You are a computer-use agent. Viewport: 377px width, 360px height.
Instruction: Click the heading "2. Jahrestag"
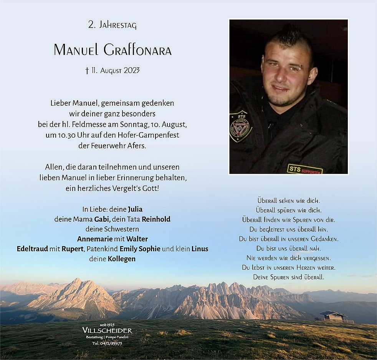112,26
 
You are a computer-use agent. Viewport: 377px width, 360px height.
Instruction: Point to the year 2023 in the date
131,70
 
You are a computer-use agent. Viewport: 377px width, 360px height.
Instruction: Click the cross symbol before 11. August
87,70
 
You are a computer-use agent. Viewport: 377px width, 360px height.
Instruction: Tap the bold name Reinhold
156,219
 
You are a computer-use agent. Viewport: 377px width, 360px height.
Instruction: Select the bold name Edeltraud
32,249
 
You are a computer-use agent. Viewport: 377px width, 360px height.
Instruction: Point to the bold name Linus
200,249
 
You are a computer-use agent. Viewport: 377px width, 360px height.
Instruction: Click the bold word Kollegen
121,259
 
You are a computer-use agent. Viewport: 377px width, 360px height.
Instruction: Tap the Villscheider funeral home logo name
107,331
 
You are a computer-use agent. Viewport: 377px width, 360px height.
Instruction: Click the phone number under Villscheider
107,343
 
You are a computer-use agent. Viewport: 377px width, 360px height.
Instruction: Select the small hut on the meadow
333,316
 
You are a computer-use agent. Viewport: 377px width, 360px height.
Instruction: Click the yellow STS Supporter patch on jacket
305,169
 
